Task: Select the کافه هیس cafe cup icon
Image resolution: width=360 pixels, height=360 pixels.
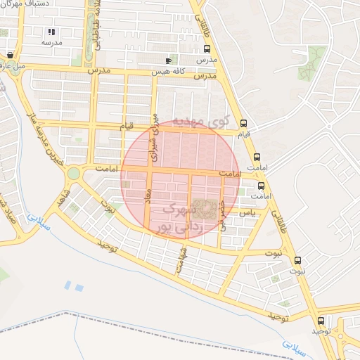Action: click(x=167, y=61)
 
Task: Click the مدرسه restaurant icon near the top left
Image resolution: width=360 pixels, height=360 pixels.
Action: click(x=51, y=32)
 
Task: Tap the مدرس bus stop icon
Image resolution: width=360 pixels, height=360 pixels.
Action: click(x=207, y=49)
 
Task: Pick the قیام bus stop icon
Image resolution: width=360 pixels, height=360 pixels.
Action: click(x=243, y=122)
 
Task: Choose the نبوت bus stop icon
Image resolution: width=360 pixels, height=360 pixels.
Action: click(x=297, y=259)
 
